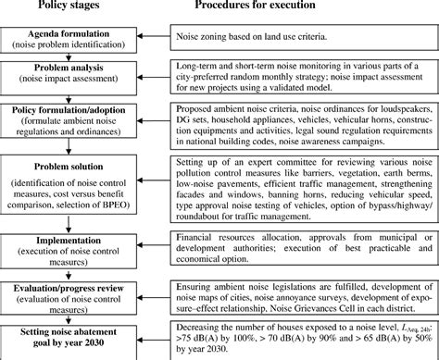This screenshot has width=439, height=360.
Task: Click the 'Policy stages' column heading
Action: coord(67,8)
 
